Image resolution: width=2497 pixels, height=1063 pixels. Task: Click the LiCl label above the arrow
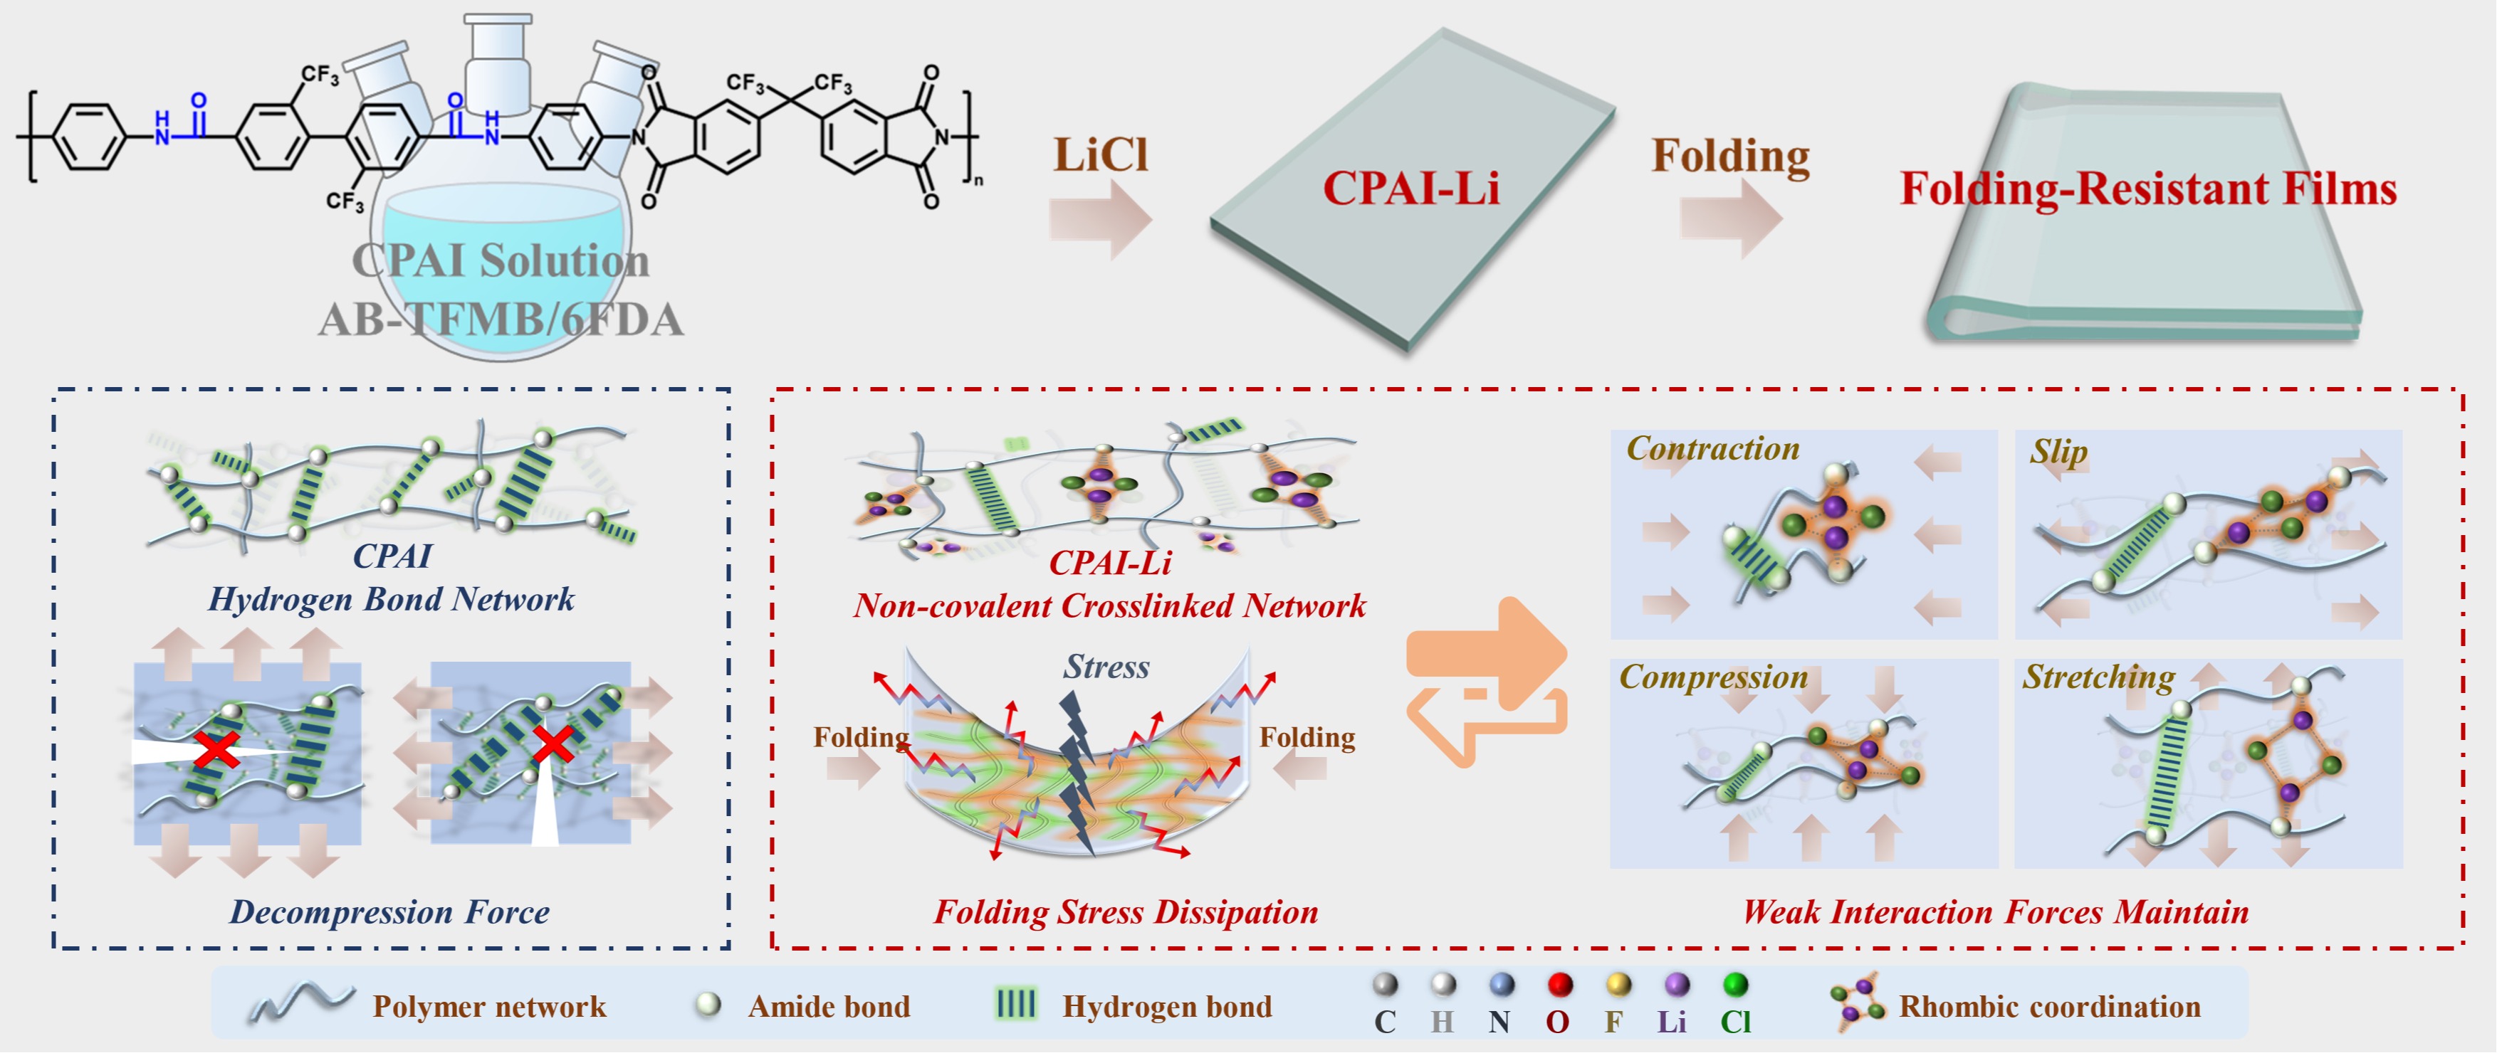1100,156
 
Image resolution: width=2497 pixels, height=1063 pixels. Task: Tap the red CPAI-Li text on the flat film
1410,188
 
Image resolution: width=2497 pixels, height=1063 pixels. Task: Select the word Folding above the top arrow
1730,156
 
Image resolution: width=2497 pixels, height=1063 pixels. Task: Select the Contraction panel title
1713,449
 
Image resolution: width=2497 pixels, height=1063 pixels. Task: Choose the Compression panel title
1713,677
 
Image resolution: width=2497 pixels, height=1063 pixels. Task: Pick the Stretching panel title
2098,677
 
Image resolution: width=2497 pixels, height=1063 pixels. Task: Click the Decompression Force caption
389,912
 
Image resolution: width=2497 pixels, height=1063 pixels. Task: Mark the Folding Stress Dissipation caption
1126,912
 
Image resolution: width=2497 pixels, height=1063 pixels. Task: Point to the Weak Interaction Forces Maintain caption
1995,912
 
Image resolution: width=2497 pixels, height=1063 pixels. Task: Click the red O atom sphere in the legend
1560,985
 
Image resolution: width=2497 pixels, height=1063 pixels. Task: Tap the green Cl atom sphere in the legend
1735,985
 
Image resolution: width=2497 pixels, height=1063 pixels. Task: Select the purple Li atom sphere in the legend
1677,985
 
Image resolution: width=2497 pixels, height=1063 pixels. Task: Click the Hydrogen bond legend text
1167,1007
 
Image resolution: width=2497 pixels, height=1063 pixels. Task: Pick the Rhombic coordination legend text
2049,1007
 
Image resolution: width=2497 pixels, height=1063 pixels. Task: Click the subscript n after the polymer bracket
978,180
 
